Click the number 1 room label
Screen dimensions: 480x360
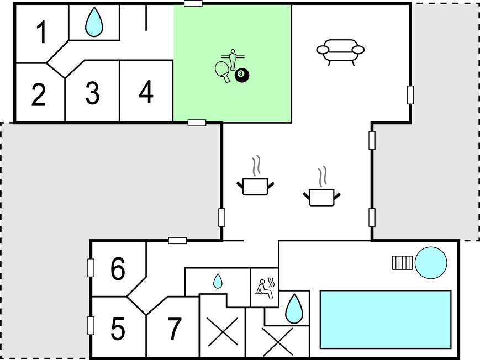(42, 32)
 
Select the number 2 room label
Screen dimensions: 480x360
(39, 94)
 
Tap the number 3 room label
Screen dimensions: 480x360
(92, 92)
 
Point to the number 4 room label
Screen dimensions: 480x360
(146, 91)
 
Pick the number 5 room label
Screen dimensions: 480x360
(118, 329)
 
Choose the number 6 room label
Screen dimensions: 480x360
(118, 268)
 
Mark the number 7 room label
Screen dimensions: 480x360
(175, 329)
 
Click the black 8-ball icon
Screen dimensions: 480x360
(242, 75)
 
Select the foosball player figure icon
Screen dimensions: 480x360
(233, 59)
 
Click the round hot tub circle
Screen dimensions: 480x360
(431, 263)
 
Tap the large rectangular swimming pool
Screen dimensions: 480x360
(386, 319)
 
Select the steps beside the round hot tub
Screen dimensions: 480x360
(402, 263)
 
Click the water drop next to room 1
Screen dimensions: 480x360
(94, 22)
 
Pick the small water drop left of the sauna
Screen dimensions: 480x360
(218, 280)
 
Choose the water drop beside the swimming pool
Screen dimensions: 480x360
(294, 309)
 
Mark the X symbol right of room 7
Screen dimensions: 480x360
(223, 332)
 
